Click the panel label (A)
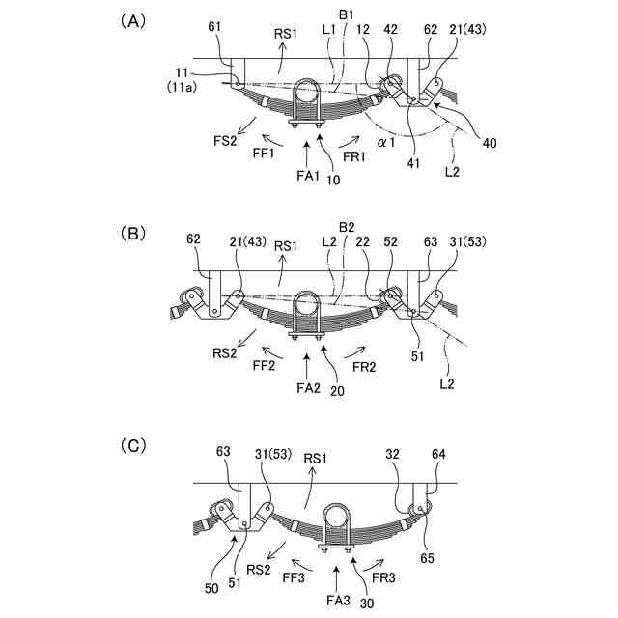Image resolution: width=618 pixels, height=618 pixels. coord(130,20)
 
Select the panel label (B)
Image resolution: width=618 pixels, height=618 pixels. coord(130,233)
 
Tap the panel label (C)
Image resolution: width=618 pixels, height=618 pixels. coord(130,445)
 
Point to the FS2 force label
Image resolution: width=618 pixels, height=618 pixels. coord(226,141)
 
